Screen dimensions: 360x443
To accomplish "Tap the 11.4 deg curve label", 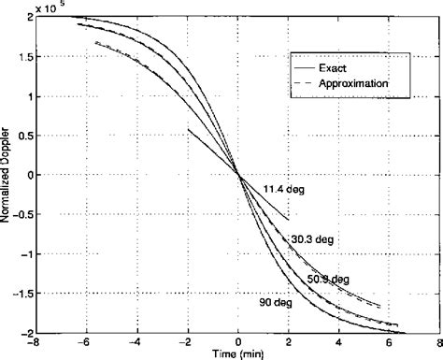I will click(285, 189).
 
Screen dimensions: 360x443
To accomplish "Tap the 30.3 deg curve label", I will click(309, 239).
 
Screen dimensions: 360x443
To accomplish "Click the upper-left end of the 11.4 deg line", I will click(189, 130).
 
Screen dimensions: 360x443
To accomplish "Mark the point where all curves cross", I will click(238, 174).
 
